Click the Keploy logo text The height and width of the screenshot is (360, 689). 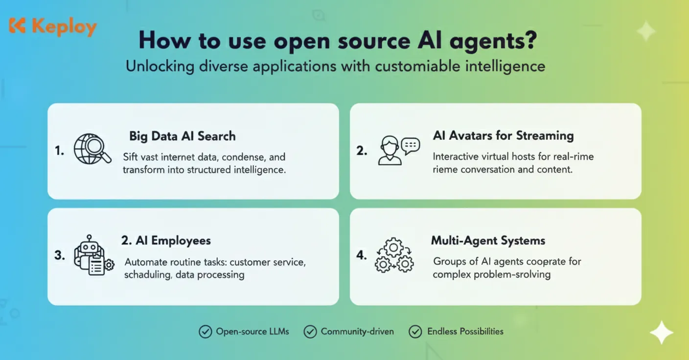click(x=64, y=27)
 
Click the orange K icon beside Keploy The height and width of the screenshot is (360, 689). click(x=17, y=26)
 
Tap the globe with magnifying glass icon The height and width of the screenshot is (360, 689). click(x=92, y=149)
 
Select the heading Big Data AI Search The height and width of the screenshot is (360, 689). click(x=182, y=136)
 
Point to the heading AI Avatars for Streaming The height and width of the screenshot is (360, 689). click(x=503, y=135)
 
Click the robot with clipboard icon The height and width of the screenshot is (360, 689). click(x=93, y=255)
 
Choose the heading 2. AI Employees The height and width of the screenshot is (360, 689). click(x=166, y=240)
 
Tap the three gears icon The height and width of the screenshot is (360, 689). click(x=394, y=255)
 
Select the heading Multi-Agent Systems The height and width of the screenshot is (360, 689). click(x=488, y=240)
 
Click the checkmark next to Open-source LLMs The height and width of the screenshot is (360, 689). click(x=205, y=332)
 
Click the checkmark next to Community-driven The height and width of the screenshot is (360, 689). click(x=310, y=332)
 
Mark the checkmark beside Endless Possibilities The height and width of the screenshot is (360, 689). click(x=415, y=332)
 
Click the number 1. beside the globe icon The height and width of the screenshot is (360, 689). click(x=60, y=151)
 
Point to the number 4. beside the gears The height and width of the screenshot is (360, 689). click(x=362, y=255)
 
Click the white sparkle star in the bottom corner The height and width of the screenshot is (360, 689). click(x=661, y=333)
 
